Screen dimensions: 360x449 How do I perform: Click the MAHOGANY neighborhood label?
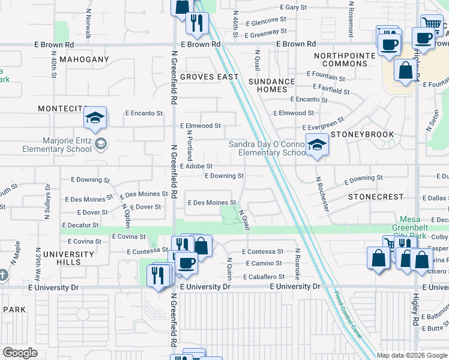(84, 59)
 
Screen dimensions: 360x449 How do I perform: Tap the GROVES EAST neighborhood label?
(209, 77)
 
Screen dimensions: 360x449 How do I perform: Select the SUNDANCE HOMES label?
(272, 85)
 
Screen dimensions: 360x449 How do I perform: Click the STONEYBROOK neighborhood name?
(365, 134)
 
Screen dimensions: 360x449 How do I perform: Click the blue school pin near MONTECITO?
(95, 119)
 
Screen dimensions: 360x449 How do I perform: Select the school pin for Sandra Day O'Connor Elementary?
(316, 145)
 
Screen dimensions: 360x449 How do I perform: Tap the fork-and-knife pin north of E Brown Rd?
(196, 23)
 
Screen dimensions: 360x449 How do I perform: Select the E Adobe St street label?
(196, 166)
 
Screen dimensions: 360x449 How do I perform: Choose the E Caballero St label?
(264, 277)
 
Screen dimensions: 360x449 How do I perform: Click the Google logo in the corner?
(20, 353)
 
